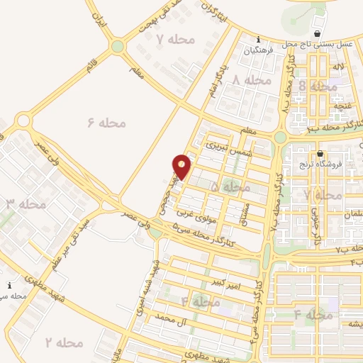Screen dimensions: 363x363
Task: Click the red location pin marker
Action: (182, 166)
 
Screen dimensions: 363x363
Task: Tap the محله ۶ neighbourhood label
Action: (106, 123)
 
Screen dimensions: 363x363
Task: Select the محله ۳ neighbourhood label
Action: (26, 204)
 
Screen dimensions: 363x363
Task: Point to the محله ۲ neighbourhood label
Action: (65, 342)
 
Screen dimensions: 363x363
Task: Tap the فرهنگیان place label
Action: (258, 50)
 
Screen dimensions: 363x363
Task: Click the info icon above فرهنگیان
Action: (259, 40)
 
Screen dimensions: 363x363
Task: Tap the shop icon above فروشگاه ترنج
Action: (320, 153)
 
